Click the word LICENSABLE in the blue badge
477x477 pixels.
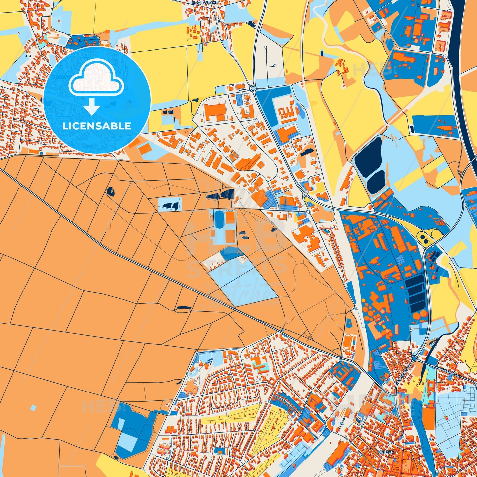point(97,126)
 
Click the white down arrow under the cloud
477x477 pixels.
point(92,106)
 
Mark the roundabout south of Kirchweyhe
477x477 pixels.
point(253,88)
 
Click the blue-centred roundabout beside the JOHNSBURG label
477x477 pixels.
point(414,358)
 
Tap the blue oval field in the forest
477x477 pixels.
point(219,218)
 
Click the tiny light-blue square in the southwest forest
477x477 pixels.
point(33,408)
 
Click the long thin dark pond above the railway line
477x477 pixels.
point(184,308)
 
